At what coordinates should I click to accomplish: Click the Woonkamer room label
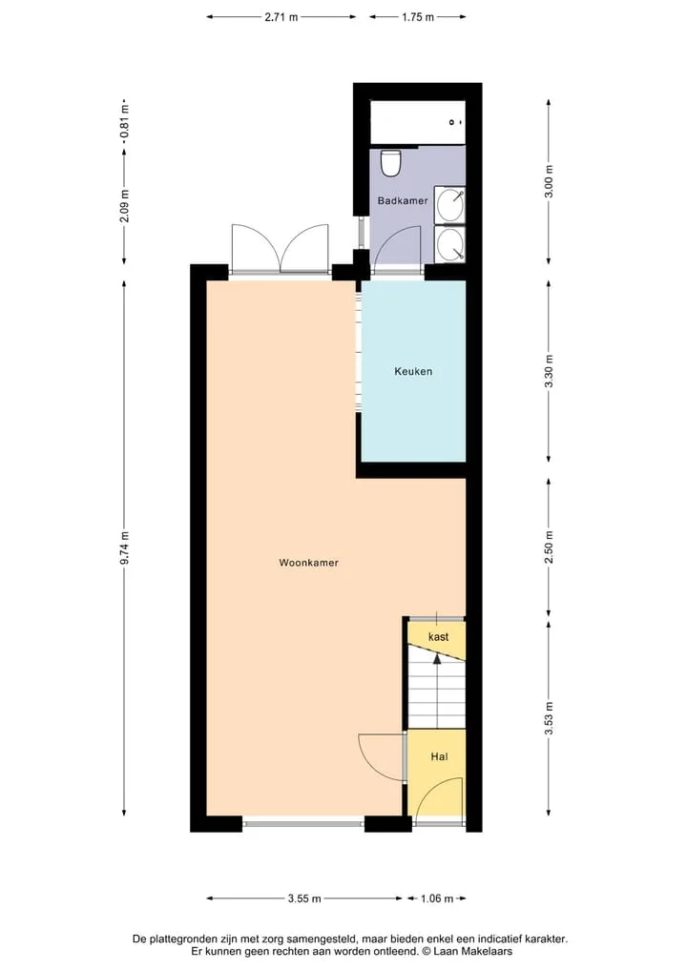point(309,563)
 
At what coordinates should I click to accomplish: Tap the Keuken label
point(413,372)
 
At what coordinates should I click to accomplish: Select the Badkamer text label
point(403,201)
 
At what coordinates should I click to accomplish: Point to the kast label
point(438,636)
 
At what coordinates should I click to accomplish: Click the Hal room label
point(440,756)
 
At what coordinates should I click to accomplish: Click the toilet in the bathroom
point(390,163)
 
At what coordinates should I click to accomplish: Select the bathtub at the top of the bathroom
point(418,122)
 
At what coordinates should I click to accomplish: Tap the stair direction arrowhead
point(437,659)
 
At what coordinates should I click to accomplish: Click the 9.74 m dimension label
point(124,548)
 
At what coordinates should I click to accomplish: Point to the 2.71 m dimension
point(281,17)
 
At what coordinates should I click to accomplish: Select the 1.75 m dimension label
point(418,17)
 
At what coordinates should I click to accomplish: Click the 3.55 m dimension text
point(304,898)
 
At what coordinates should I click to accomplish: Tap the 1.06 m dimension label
point(437,898)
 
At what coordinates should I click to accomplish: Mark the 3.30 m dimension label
point(549,372)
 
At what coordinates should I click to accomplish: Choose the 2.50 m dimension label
point(549,547)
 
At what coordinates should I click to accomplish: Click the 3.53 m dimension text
point(549,719)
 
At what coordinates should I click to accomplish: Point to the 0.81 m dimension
point(124,122)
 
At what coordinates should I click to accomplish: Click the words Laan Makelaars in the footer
point(473,952)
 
